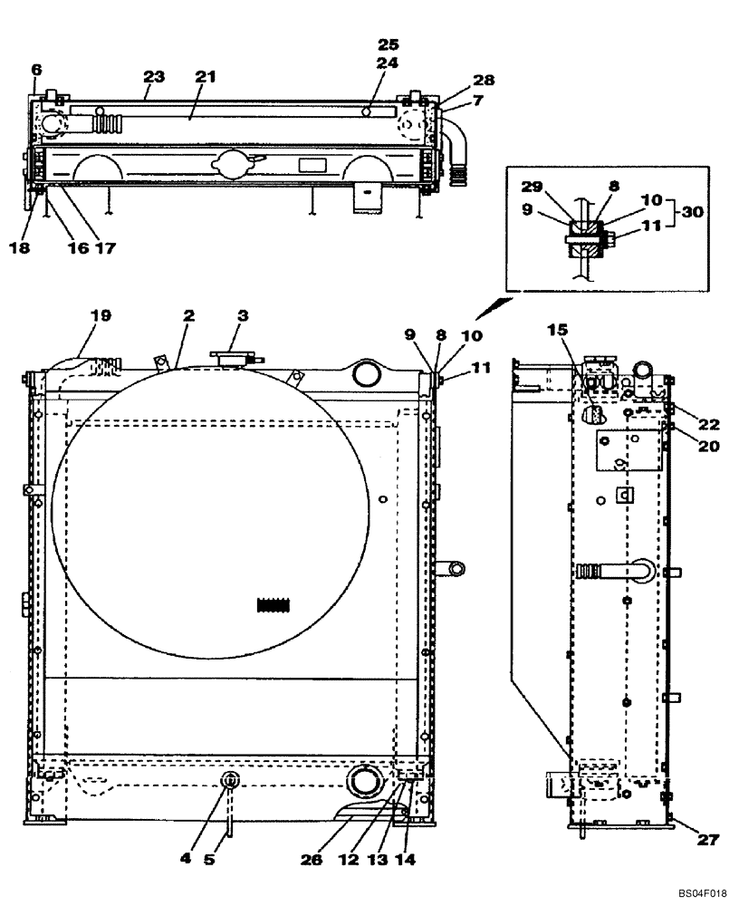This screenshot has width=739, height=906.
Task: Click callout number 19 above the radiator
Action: (100, 315)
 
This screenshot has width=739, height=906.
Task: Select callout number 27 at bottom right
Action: (707, 840)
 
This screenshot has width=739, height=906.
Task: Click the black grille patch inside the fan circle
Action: (278, 605)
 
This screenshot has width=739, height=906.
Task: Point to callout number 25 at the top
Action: (388, 43)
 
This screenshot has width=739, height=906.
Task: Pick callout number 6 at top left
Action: (36, 69)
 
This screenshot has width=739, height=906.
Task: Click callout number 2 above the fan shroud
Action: (189, 315)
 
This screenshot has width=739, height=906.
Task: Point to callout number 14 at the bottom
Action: (407, 857)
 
